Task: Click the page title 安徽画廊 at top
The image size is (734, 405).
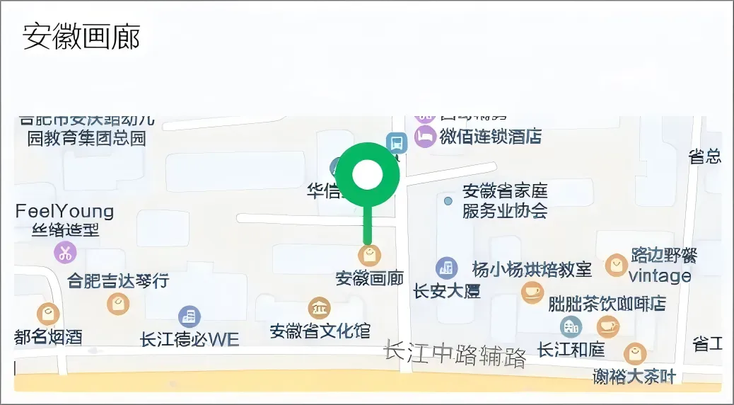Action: pos(81,36)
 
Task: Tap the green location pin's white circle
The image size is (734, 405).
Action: pos(367,175)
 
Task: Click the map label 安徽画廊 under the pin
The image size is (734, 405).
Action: pos(369,278)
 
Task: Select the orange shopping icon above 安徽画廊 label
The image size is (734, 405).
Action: pos(369,255)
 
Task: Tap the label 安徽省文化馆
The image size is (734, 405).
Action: pos(320,331)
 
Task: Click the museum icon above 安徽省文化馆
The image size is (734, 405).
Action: pos(320,308)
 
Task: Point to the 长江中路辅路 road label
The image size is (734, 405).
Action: pos(455,353)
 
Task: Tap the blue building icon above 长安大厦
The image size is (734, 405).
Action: pos(446,267)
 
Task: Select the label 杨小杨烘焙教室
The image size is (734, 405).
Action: pos(532,269)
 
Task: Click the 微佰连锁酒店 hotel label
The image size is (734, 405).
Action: pos(490,136)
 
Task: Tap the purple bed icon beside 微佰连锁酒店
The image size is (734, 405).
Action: pos(424,136)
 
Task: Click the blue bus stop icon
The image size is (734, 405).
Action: pos(397,142)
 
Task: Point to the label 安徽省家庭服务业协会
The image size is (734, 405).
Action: pos(505,200)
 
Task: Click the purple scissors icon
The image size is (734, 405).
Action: pos(65,251)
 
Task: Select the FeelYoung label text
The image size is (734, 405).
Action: pos(64,211)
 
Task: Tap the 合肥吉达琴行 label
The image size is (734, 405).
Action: pos(118,280)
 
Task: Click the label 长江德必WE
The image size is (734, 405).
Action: pos(190,339)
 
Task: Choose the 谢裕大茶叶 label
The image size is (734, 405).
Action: pos(634,377)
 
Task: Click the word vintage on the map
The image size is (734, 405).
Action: pos(660,275)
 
